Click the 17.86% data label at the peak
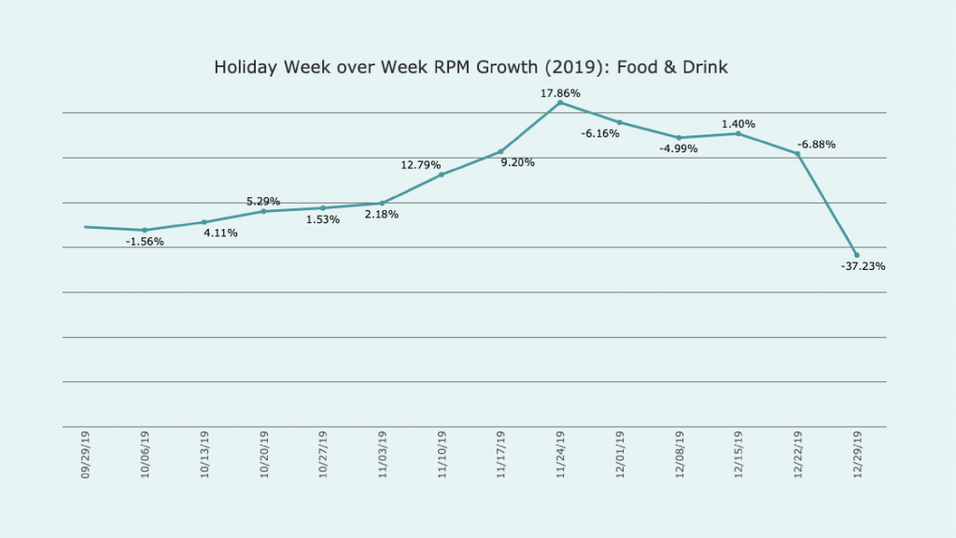(x=560, y=93)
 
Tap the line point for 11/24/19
(x=560, y=102)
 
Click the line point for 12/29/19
(x=857, y=255)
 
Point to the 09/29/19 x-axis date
(x=86, y=455)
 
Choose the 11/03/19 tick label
(x=383, y=455)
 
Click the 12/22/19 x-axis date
(x=798, y=455)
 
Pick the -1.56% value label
(x=145, y=242)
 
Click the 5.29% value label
(x=263, y=202)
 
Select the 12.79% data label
(x=420, y=165)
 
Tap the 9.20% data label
(x=517, y=163)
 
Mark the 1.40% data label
(x=738, y=124)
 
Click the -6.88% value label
(x=816, y=145)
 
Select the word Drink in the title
(x=706, y=68)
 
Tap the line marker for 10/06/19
(x=145, y=230)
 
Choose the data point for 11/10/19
(x=442, y=175)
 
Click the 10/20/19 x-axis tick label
(x=264, y=455)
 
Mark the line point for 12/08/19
(x=679, y=137)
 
